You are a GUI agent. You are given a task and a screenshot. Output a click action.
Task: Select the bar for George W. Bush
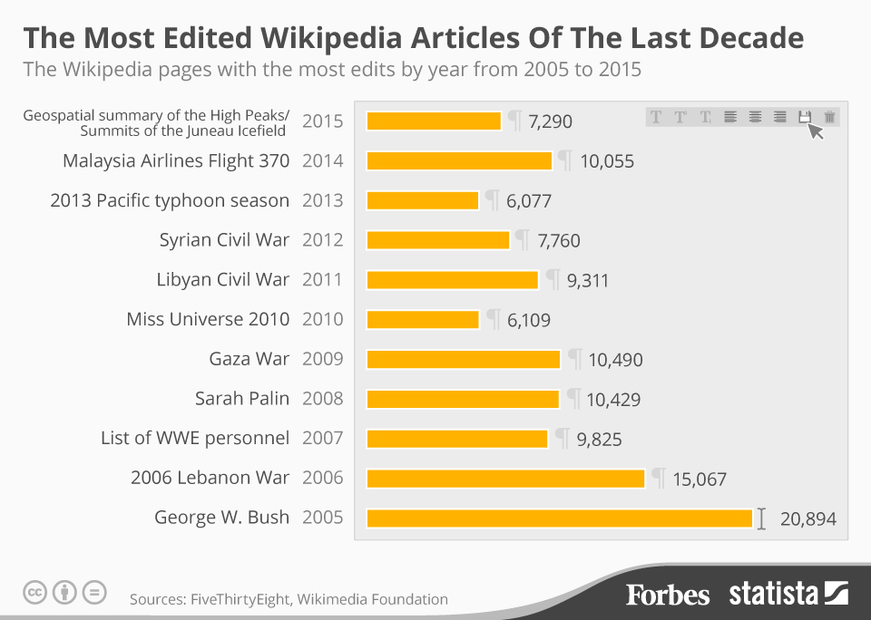(x=559, y=518)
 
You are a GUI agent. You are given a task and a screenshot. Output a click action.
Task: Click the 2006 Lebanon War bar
(x=505, y=479)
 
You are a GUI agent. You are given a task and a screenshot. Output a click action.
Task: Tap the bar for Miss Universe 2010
(x=423, y=320)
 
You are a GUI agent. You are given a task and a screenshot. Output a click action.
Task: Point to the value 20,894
(x=807, y=519)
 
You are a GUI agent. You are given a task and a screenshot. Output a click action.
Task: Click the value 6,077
(x=529, y=201)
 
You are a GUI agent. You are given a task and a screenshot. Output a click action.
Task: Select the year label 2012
(x=322, y=240)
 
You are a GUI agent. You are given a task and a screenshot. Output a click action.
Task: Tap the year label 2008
(x=322, y=399)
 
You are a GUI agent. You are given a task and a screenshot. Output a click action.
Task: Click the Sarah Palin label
(x=242, y=399)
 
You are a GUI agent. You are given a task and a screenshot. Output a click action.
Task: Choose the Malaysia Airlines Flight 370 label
(x=176, y=161)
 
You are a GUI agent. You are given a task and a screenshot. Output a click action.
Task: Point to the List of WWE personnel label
(x=195, y=439)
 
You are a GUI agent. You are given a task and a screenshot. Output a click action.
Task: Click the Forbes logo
(x=668, y=595)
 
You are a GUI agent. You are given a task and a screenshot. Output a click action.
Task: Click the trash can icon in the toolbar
(x=829, y=117)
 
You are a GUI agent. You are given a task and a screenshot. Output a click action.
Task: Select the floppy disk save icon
(x=804, y=117)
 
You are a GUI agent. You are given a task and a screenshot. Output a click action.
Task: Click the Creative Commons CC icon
(x=34, y=593)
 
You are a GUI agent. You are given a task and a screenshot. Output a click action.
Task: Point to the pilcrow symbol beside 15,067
(x=659, y=477)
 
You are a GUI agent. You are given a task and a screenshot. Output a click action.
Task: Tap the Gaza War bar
(x=463, y=360)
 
